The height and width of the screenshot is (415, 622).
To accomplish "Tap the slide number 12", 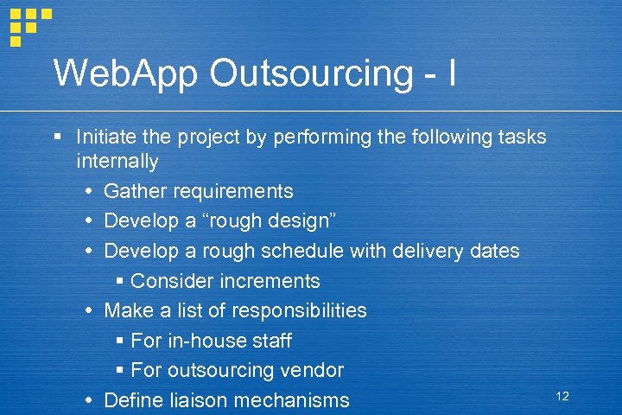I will pos(562,396).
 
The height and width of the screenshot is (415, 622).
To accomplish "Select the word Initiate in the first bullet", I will pos(102,137).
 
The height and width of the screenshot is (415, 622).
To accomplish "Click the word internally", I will pos(117,162).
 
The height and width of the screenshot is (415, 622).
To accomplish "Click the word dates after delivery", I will pos(492,252).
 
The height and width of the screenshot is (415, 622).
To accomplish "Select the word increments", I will pos(270,281).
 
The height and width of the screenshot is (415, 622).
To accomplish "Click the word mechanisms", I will pos(297,400).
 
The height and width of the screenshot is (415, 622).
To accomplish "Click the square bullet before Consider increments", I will pos(120,281).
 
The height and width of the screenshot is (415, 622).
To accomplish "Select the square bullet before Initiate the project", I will pos(56,137).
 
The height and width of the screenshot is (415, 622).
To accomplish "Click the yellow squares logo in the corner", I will pos(29,24).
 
